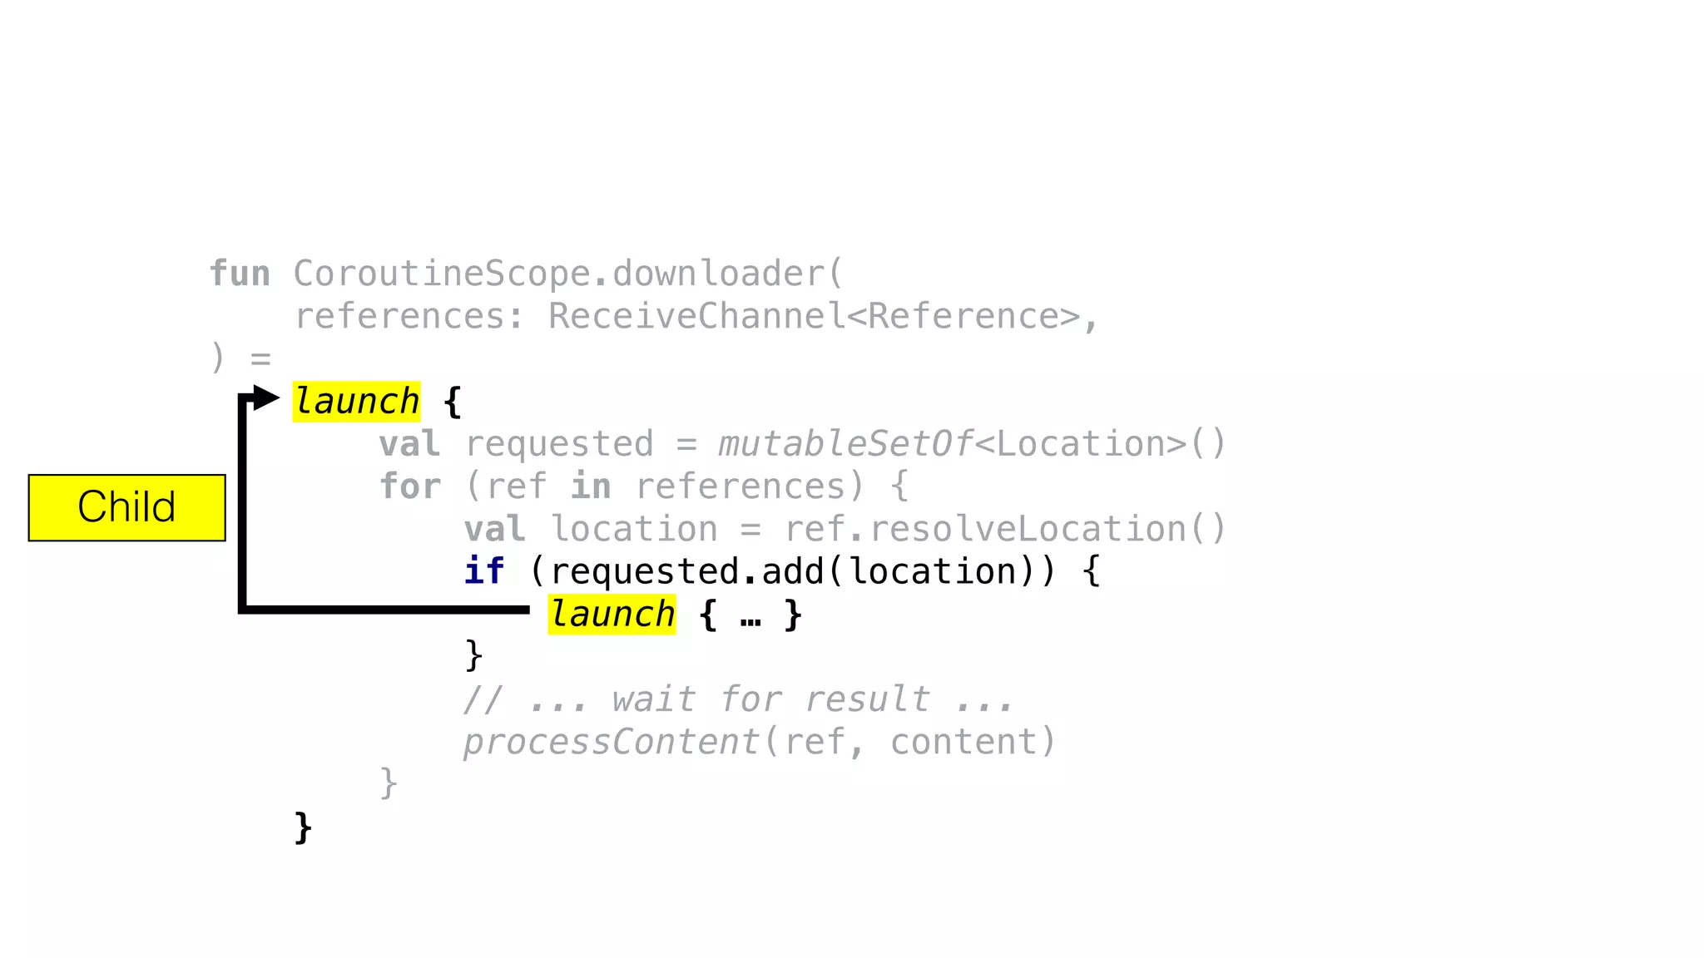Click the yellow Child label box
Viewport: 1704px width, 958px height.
click(126, 507)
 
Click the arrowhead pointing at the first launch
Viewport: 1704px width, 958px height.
click(266, 398)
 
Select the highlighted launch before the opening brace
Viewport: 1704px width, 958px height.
click(356, 402)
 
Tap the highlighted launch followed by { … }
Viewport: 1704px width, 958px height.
click(612, 615)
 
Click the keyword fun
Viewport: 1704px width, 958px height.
click(240, 274)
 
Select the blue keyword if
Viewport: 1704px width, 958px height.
click(483, 571)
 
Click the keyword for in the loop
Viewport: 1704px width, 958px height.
click(409, 486)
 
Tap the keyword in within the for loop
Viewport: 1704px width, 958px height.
click(590, 486)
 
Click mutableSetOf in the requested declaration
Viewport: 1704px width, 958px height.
click(845, 444)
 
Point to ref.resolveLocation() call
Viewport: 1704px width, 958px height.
click(1005, 529)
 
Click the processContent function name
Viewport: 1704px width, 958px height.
click(612, 742)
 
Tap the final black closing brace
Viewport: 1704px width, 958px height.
click(304, 828)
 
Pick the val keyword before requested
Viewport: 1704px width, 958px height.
click(409, 444)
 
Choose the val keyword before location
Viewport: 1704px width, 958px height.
click(494, 529)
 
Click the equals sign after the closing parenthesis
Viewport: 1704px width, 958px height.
click(261, 359)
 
